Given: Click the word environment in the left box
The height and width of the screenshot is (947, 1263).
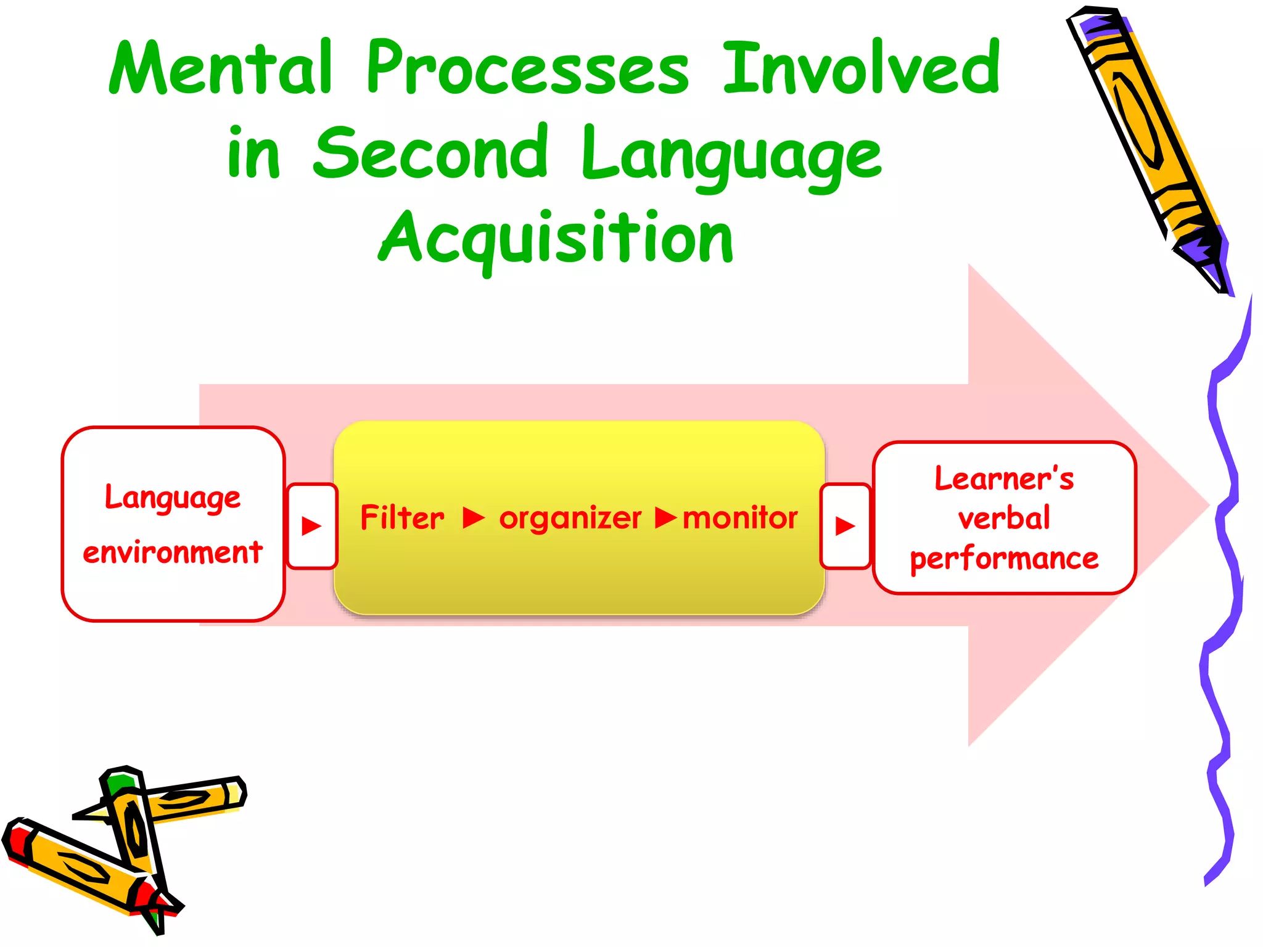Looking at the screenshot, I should point(173,552).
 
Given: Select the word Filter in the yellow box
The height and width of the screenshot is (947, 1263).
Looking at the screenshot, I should point(402,518).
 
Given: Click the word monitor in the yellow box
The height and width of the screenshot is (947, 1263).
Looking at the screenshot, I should point(740,518).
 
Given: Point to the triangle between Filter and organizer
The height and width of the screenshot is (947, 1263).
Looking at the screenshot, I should point(473,518).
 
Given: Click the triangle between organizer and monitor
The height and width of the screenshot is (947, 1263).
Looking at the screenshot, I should point(665,518).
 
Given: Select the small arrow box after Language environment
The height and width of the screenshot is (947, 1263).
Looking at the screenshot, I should point(312,526).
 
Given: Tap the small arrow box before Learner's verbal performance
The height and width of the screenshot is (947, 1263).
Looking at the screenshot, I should point(845,526).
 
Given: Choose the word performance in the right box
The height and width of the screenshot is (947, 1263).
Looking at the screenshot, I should point(1004,559).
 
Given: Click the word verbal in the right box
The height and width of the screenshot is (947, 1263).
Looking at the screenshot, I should point(1004,519).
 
